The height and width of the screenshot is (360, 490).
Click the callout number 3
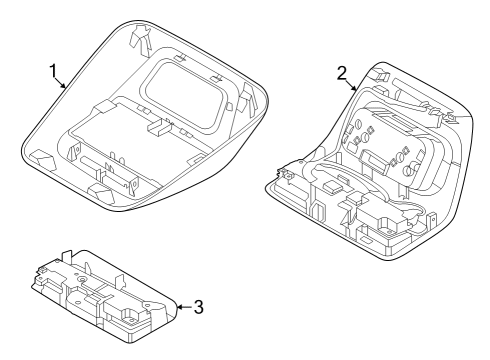pos(197,306)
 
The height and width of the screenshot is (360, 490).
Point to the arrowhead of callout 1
pos(67,88)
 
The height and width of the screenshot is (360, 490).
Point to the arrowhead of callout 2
pos(358,91)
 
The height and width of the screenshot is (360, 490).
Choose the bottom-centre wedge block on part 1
pos(101,188)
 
